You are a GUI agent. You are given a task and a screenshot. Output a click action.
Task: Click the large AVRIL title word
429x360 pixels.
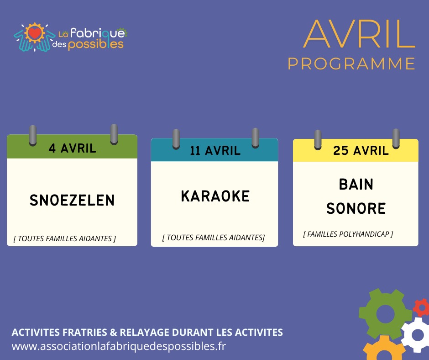point(360,34)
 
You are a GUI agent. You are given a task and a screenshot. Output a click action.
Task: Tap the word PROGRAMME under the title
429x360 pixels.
point(351,64)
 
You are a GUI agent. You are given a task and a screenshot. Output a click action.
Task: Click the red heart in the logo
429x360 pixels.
point(35,33)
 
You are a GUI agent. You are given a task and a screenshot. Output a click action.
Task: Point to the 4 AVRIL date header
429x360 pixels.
point(73,148)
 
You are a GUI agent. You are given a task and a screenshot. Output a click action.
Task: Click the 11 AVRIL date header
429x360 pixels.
point(215,151)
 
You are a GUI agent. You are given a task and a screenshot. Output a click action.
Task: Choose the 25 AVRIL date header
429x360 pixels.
point(361,150)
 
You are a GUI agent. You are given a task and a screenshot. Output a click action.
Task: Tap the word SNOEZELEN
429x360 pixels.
point(72,200)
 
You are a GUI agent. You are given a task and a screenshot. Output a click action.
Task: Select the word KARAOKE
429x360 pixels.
point(215,196)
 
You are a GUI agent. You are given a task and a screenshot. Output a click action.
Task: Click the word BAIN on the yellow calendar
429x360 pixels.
point(356,184)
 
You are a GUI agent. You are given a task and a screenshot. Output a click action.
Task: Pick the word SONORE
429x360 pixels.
point(356,208)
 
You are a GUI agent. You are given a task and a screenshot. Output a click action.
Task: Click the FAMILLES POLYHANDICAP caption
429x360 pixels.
point(348,234)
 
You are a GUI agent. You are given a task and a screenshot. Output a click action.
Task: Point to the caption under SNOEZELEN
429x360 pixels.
point(65,238)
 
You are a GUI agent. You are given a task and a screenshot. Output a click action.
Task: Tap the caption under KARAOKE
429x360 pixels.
point(214,238)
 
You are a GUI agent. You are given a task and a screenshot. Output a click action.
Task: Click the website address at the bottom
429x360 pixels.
point(119,346)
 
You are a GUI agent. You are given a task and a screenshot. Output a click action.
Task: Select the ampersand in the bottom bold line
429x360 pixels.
point(113,332)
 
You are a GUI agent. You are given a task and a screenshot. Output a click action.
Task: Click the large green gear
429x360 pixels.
point(385,314)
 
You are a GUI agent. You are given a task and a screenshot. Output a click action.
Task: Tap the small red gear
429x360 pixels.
point(422,307)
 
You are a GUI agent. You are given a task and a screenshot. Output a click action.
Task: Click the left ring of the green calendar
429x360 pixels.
point(33,135)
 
